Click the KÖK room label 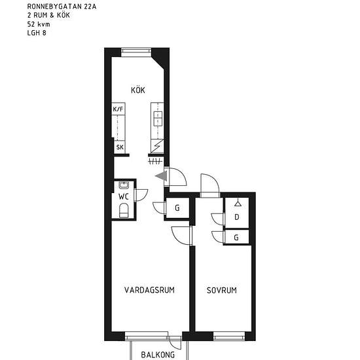click(138, 90)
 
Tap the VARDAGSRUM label click(149, 290)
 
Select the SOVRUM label click(221, 291)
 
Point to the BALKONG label click(158, 355)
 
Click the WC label click(124, 196)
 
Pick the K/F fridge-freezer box click(118, 109)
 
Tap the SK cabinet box click(120, 147)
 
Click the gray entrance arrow click(161, 176)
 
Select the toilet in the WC click(124, 210)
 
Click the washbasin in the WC click(124, 185)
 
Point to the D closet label click(237, 217)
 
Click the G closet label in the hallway click(177, 208)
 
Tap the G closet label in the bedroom click(236, 238)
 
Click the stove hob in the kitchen click(158, 118)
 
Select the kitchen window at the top click(136, 52)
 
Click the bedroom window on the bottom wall click(229, 336)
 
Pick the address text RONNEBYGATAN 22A click(62, 7)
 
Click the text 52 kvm click(39, 24)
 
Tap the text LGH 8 click(37, 33)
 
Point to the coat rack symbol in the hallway click(155, 162)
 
